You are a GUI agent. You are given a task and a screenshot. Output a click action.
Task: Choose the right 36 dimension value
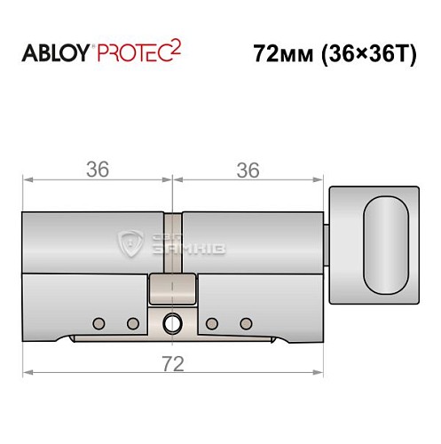pos(250,170)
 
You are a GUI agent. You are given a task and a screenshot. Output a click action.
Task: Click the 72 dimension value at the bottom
pos(174,363)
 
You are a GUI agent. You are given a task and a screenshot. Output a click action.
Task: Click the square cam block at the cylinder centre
pos(174,287)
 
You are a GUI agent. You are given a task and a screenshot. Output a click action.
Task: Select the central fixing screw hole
pos(174,322)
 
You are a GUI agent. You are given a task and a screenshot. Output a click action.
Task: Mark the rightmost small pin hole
pos(248,322)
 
